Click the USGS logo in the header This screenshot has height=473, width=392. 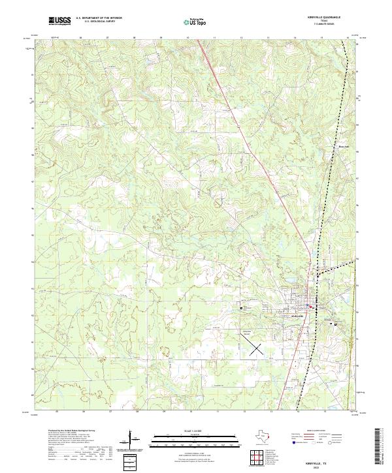(x=60, y=21)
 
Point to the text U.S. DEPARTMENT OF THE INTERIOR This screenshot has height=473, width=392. (x=99, y=18)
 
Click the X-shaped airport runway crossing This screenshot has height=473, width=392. (x=256, y=348)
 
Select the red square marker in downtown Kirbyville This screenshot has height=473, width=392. (x=312, y=307)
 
